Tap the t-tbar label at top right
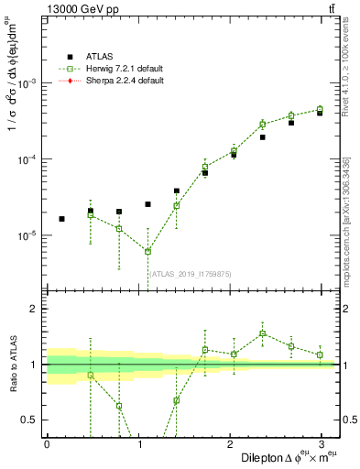click(329, 10)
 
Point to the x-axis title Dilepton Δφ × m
click(285, 456)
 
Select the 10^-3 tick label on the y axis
click(27, 83)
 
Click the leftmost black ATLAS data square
click(61, 219)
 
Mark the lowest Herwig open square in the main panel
click(147, 252)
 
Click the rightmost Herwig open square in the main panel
click(320, 109)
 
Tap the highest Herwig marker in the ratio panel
click(262, 333)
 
